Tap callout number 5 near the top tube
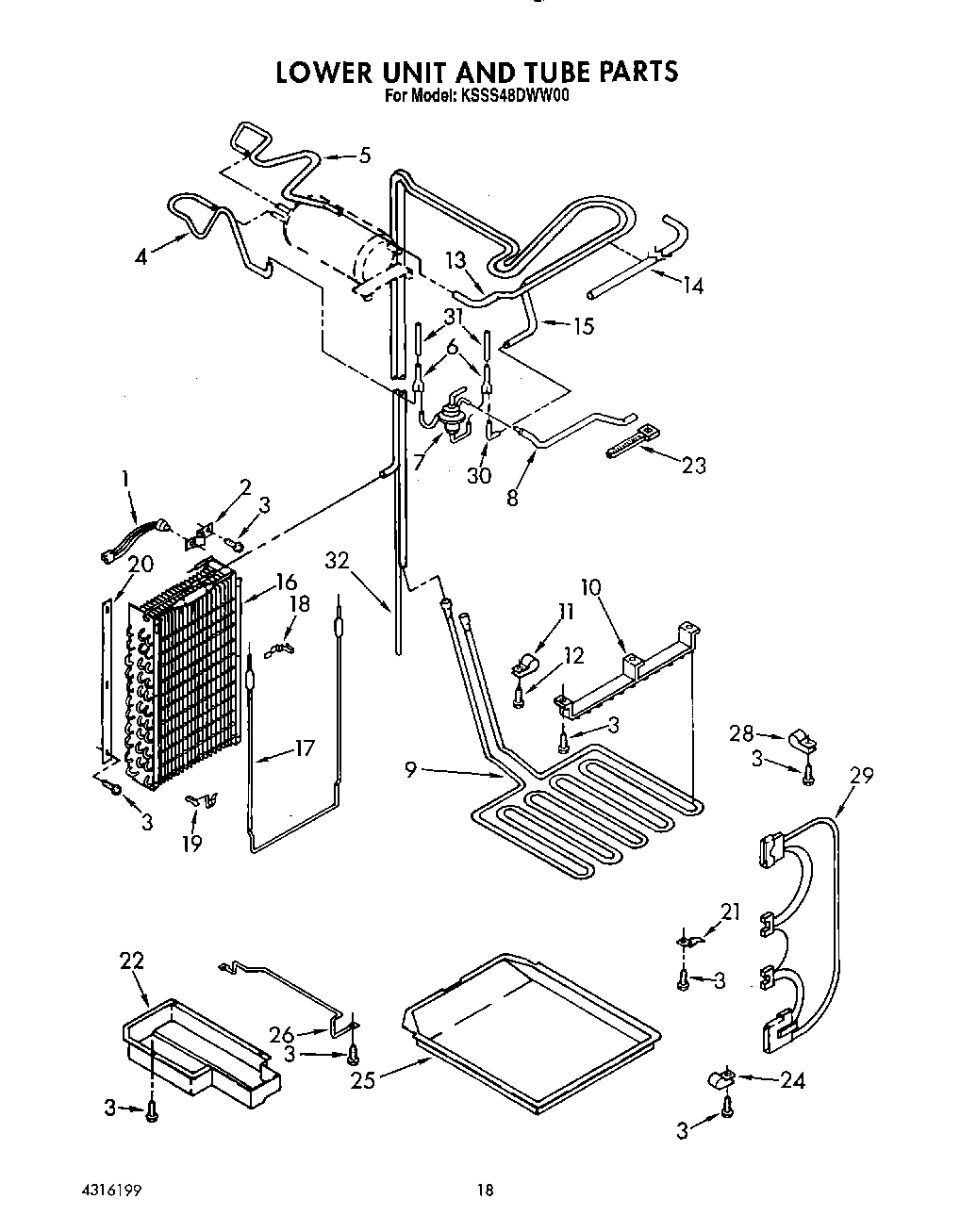tap(364, 156)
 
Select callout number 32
tap(337, 562)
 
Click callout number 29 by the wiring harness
tap(860, 776)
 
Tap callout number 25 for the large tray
tap(363, 1079)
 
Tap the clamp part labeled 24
tap(724, 1079)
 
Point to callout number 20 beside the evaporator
tap(140, 565)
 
